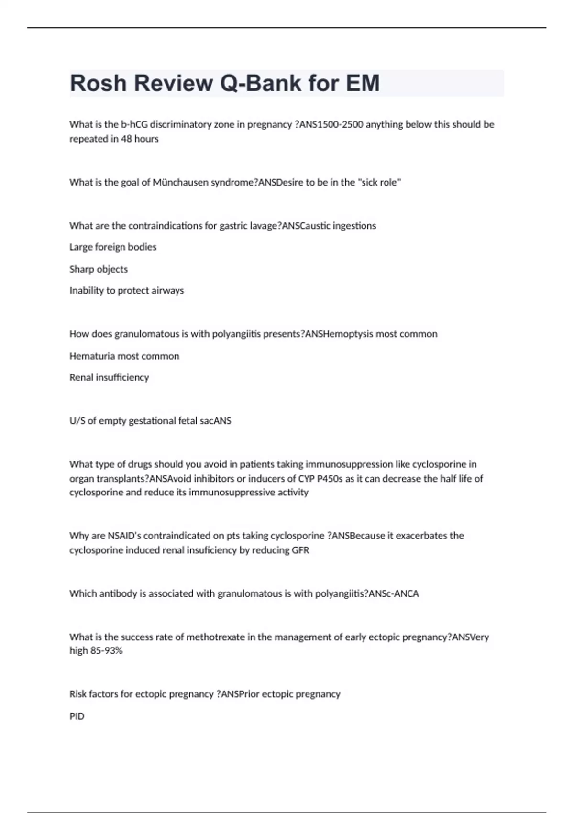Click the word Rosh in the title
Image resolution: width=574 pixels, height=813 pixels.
pos(99,83)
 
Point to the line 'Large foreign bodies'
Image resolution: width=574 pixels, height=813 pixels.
pos(113,247)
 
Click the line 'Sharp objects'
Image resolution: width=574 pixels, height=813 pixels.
pos(99,269)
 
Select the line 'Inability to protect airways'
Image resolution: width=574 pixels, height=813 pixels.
pos(126,291)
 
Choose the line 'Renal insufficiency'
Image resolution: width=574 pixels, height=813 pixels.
pos(109,377)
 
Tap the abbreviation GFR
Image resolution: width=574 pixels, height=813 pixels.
pos(300,550)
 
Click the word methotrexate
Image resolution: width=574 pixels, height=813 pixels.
pos(215,637)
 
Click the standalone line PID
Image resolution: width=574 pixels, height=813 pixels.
pos(77,716)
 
